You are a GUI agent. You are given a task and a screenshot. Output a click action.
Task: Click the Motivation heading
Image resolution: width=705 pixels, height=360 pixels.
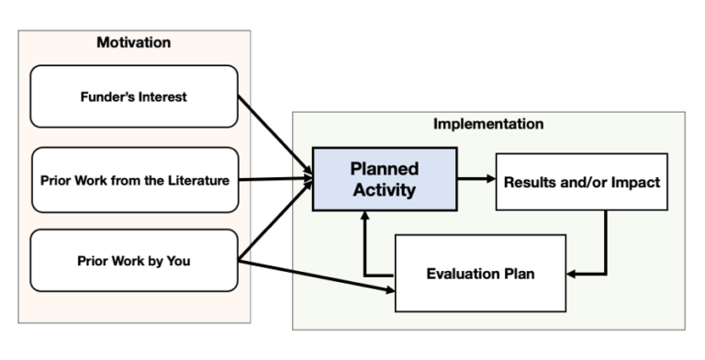pyautogui.click(x=133, y=42)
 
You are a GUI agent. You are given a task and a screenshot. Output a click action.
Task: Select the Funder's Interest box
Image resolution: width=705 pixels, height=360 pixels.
pyautogui.click(x=133, y=96)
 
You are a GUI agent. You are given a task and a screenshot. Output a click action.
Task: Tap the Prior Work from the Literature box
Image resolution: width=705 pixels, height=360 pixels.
pyautogui.click(x=133, y=179)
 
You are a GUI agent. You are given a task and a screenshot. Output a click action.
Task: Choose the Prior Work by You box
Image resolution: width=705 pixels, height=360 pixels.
pyautogui.click(x=133, y=260)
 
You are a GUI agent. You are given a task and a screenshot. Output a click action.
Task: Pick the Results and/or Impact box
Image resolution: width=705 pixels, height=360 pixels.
pyautogui.click(x=580, y=181)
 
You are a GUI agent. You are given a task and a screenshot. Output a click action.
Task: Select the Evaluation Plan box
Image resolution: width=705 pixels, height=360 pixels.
pyautogui.click(x=480, y=273)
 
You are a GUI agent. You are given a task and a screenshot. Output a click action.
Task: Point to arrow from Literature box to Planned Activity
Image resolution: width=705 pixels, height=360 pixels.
pyautogui.click(x=275, y=180)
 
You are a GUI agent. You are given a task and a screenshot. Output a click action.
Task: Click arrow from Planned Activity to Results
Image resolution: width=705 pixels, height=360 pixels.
pyautogui.click(x=476, y=180)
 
